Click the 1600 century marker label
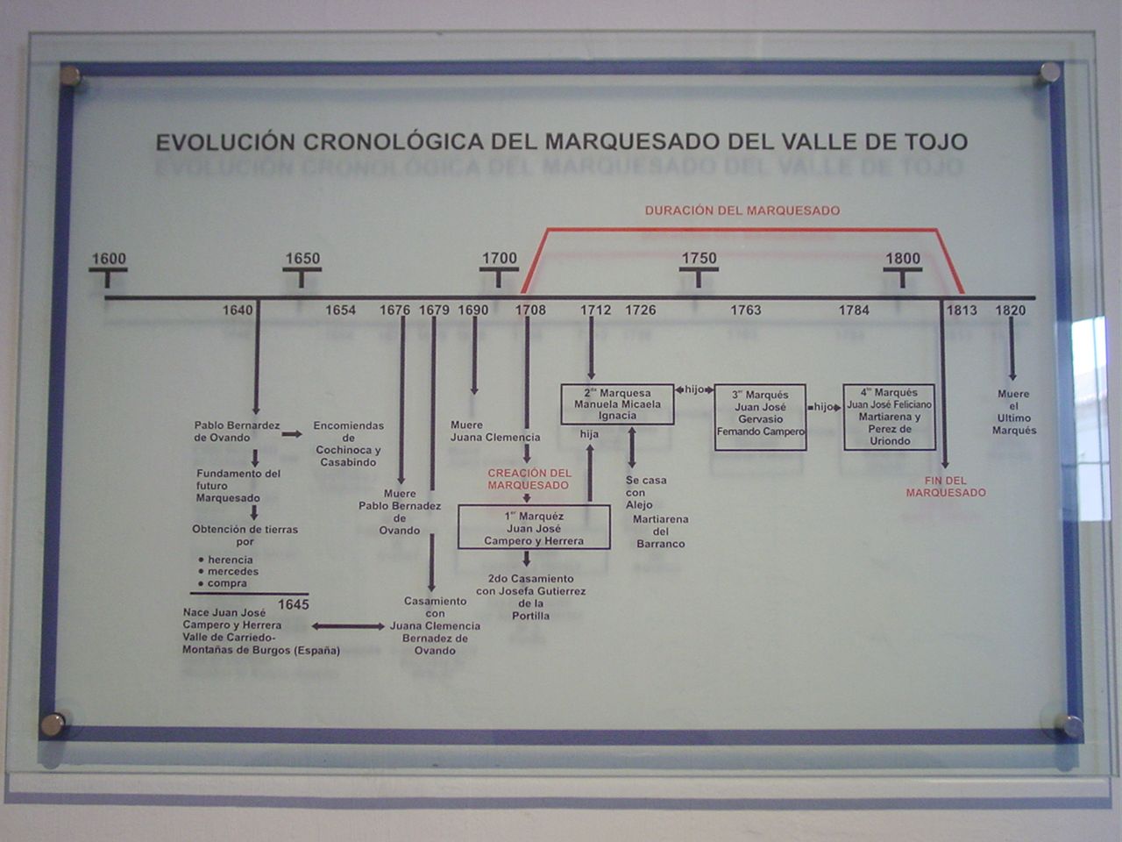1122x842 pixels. click(x=109, y=259)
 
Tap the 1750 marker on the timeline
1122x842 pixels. click(x=699, y=259)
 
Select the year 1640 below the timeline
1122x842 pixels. click(x=238, y=310)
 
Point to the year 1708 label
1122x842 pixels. click(x=530, y=310)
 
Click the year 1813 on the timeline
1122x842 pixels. click(x=961, y=310)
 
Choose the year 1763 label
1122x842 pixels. click(x=746, y=310)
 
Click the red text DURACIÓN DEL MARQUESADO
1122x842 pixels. click(x=742, y=210)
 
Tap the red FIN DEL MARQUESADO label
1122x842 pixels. click(x=946, y=487)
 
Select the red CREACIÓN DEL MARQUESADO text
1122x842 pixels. click(x=529, y=479)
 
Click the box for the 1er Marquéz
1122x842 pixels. click(x=534, y=528)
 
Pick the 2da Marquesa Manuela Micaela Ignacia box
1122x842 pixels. click(x=618, y=404)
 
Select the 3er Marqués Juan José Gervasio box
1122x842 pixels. click(x=760, y=417)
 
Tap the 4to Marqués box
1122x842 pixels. click(x=889, y=417)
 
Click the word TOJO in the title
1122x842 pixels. click(x=934, y=142)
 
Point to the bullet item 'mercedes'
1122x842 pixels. click(x=232, y=572)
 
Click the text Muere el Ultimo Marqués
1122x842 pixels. click(x=1014, y=412)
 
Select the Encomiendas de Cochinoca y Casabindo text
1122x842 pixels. click(x=348, y=444)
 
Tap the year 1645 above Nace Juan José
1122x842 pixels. click(x=294, y=605)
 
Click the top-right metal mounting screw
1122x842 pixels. click(x=1047, y=75)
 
